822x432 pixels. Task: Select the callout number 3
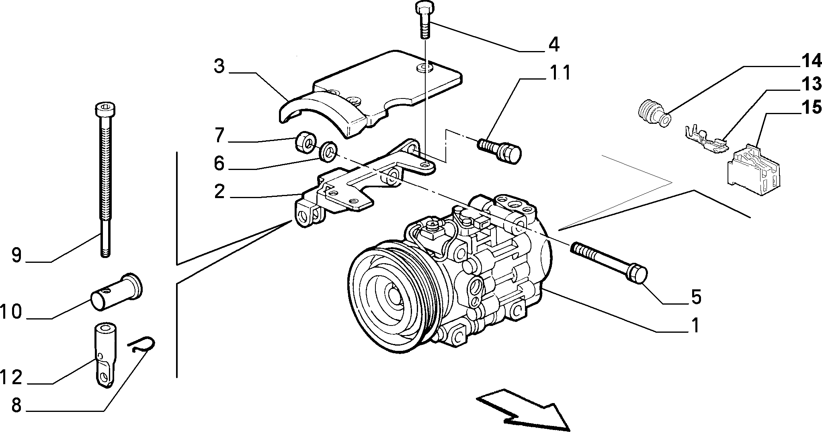click(219, 66)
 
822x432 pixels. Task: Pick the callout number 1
click(695, 325)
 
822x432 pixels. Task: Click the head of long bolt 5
click(638, 275)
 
